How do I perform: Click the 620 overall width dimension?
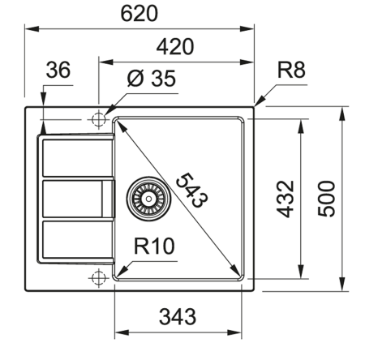click(x=140, y=13)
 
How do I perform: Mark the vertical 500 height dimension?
click(x=326, y=197)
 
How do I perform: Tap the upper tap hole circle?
click(x=99, y=119)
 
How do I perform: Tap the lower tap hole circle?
click(x=99, y=277)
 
